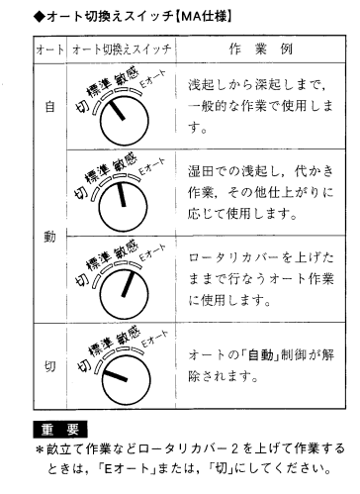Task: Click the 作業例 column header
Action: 261,49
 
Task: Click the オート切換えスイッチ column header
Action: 122,49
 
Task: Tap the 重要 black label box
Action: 60,429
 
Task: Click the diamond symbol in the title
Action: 40,16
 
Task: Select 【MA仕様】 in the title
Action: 203,16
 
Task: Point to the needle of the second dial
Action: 121,194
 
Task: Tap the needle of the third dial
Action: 128,284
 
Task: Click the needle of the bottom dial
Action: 115,376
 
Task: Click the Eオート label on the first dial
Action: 151,79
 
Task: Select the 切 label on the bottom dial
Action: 84,364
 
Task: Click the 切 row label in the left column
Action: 49,366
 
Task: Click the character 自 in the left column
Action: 49,107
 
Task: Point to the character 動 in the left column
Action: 49,237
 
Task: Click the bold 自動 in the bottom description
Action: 261,355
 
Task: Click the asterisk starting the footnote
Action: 40,450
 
